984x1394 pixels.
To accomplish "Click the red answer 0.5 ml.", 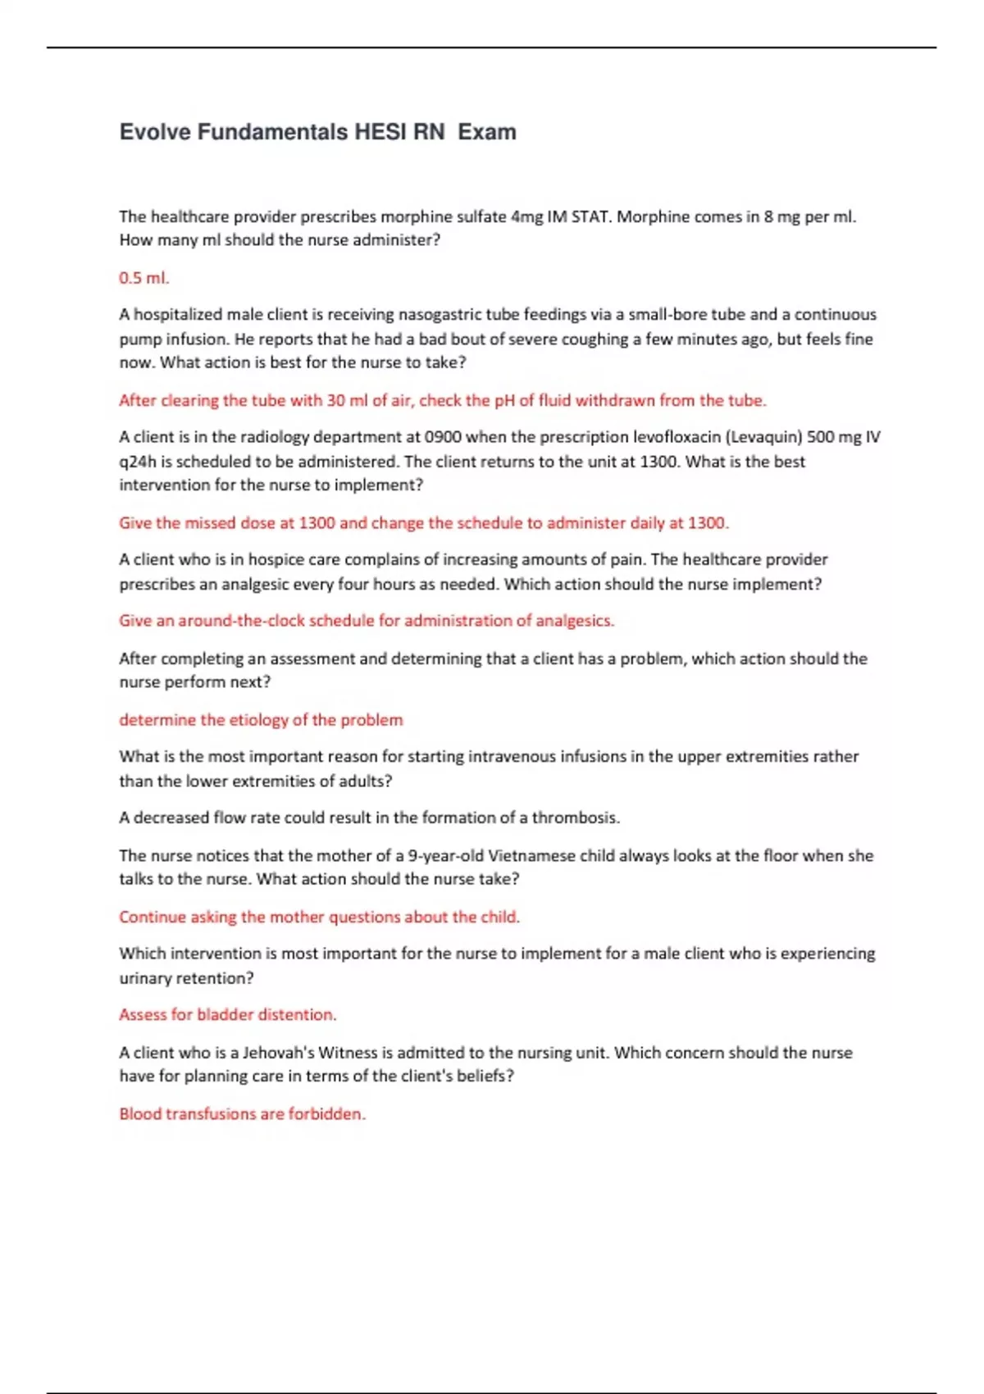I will pyautogui.click(x=144, y=278).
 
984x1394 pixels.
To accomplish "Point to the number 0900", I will pyautogui.click(x=448, y=437).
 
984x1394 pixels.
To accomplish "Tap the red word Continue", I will pyautogui.click(x=153, y=917).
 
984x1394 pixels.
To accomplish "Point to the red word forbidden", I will pyautogui.click(x=326, y=1114).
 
